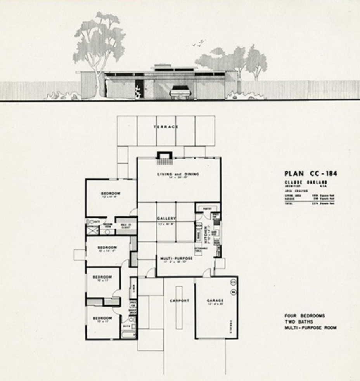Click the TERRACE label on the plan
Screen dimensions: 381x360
[166, 127]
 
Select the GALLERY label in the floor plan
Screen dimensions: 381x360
[166, 218]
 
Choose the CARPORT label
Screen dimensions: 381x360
[179, 300]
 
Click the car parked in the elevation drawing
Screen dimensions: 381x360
[180, 92]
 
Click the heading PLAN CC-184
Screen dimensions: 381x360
[310, 173]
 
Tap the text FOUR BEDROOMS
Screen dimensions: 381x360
[305, 316]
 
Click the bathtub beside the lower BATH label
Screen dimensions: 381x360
[128, 333]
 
